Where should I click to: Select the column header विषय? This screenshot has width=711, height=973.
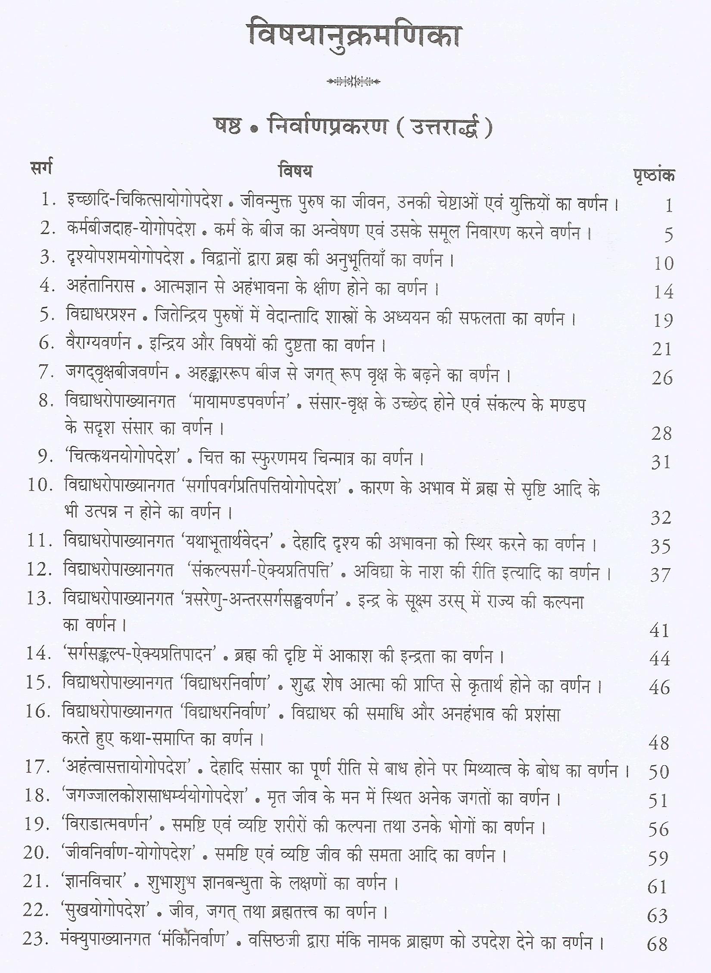coord(295,171)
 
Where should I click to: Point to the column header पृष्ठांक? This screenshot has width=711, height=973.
coord(654,176)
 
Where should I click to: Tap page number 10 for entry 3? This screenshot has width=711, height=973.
coord(663,263)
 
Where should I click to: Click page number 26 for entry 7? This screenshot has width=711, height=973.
coord(662,378)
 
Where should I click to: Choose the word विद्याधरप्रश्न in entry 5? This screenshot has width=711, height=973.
coord(101,315)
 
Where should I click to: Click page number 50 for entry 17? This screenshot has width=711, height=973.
coord(658,772)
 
